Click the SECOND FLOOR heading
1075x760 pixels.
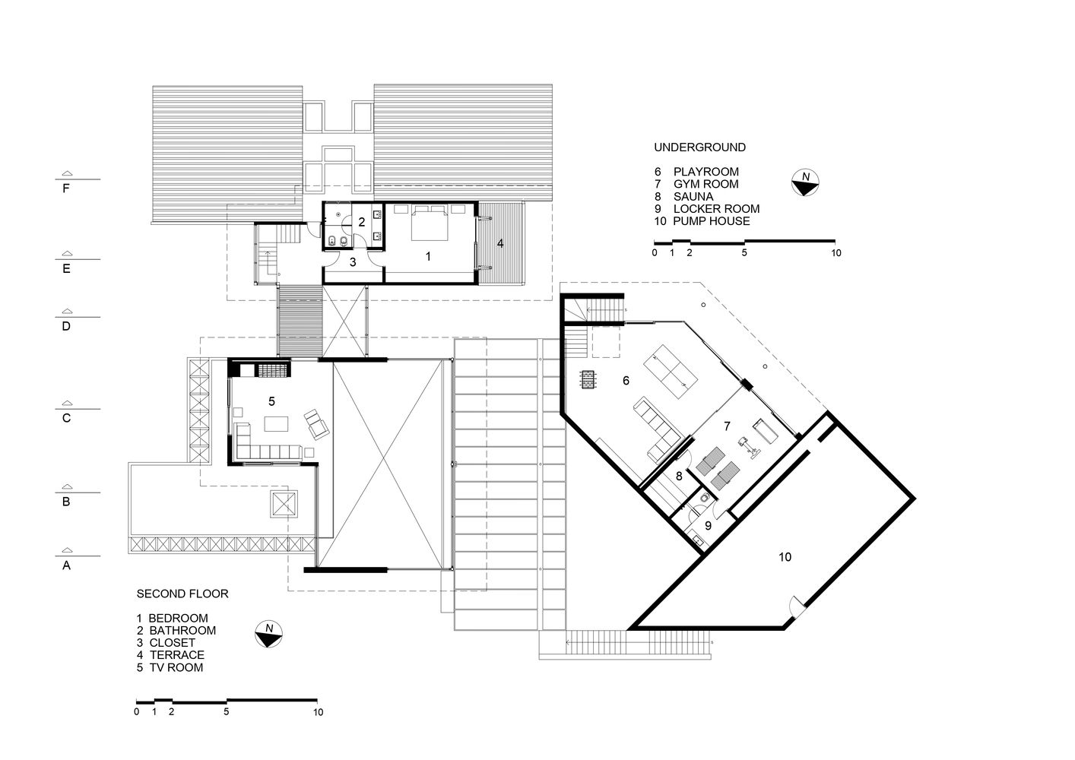click(182, 594)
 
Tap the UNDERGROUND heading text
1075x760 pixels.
click(699, 147)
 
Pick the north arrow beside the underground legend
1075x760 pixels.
click(805, 183)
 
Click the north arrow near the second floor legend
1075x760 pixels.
click(269, 635)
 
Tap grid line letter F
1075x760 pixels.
click(66, 188)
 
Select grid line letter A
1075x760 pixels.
click(66, 565)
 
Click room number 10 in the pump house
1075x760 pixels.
click(785, 557)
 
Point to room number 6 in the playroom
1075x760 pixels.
click(626, 381)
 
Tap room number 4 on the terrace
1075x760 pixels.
click(500, 243)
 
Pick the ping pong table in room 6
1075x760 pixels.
click(671, 372)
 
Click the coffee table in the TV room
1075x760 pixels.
click(276, 424)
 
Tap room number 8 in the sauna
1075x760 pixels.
click(679, 477)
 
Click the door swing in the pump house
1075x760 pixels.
click(796, 606)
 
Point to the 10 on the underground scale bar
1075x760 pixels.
click(836, 253)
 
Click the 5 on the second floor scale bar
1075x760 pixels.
click(226, 712)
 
